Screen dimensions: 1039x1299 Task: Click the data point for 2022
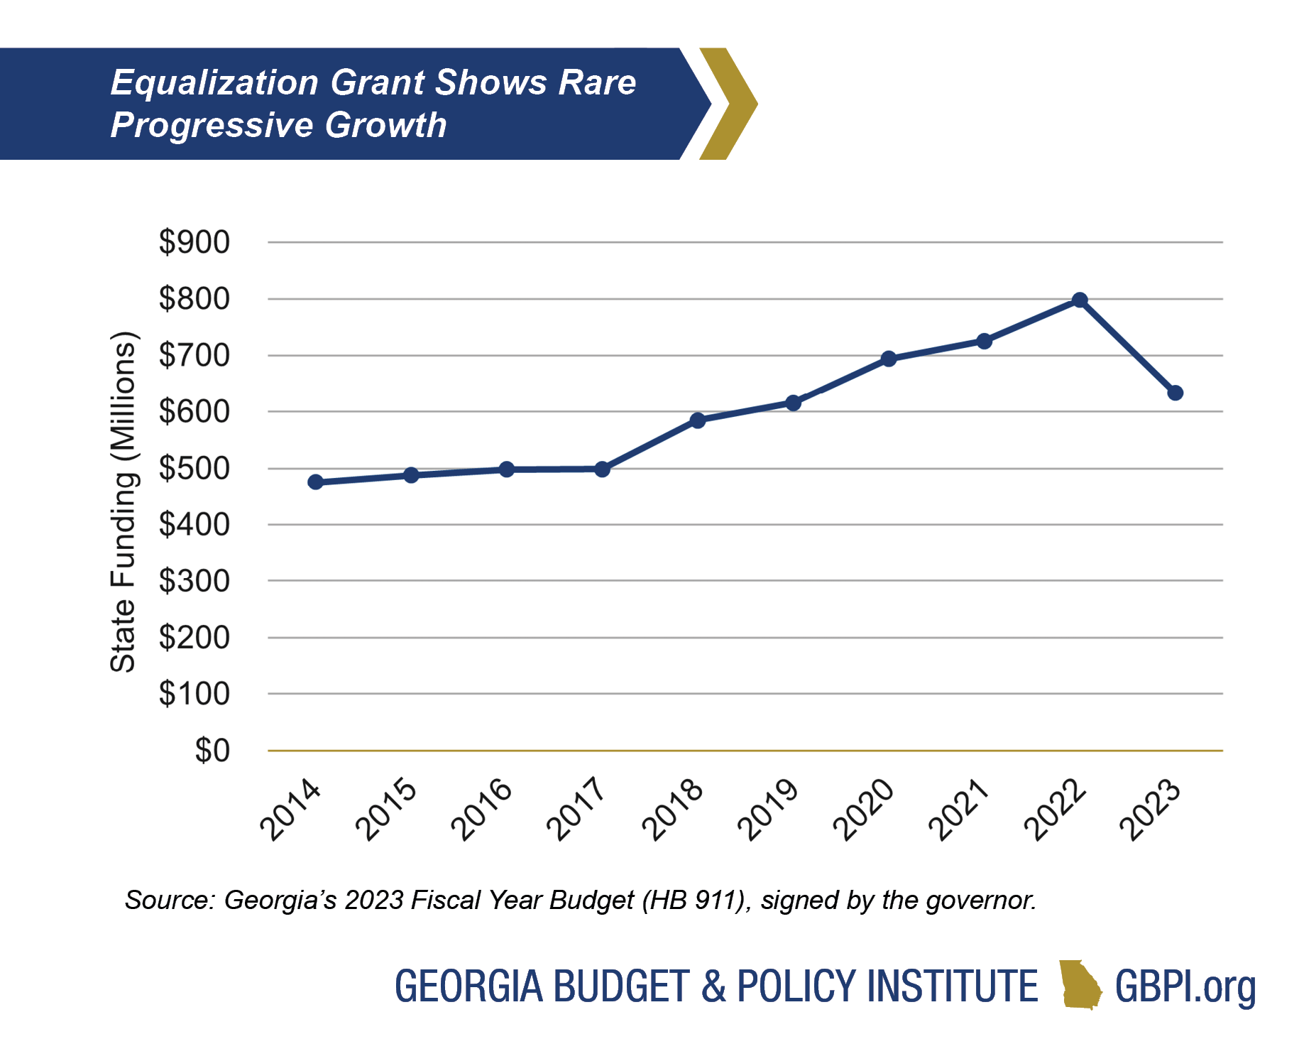click(1080, 300)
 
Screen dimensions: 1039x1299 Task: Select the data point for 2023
click(1175, 393)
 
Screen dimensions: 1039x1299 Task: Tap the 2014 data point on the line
click(316, 482)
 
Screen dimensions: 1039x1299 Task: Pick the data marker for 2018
click(698, 420)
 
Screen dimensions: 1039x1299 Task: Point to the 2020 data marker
click(889, 359)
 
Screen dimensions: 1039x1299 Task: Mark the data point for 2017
click(602, 469)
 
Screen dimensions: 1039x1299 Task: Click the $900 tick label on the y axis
click(194, 242)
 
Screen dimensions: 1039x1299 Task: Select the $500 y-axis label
click(194, 469)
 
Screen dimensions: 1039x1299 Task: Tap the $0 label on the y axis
click(212, 751)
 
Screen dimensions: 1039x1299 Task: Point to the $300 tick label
click(194, 581)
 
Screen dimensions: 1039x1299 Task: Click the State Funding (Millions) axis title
click(123, 501)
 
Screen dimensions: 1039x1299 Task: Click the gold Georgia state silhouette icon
click(1080, 986)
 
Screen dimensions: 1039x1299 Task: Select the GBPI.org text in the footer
click(1185, 987)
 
